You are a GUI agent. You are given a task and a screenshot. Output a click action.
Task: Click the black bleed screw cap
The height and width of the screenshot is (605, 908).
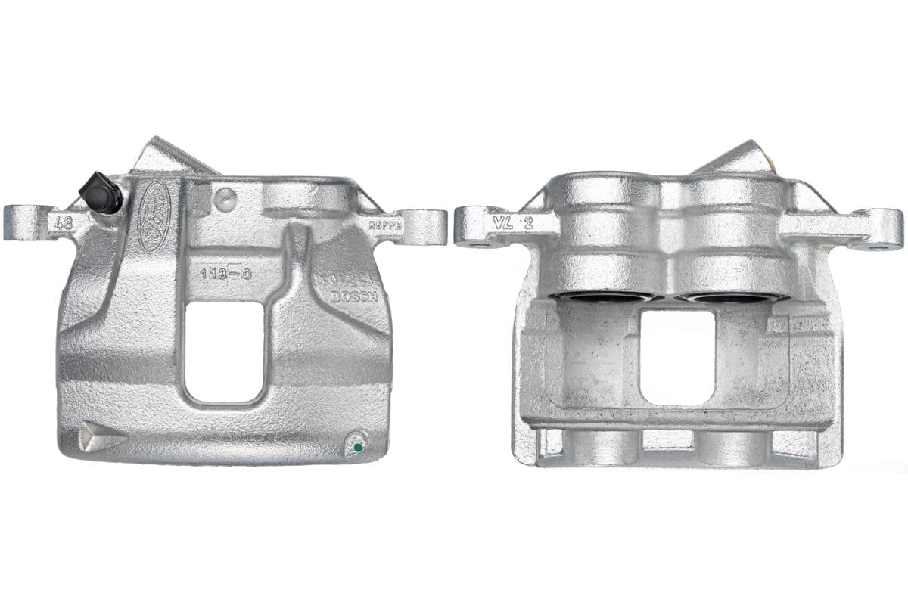pos(101,192)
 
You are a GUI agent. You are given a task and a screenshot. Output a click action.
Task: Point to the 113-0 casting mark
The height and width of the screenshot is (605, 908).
pos(225,274)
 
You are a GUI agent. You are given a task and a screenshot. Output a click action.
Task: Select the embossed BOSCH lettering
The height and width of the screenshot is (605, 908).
pos(353,297)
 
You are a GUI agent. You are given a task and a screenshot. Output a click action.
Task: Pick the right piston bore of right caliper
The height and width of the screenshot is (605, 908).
pos(730,296)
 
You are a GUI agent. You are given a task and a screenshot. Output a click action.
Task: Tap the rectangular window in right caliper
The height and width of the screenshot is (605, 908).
pos(676,355)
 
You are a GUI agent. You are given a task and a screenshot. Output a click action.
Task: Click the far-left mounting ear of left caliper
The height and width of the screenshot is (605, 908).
pos(23,224)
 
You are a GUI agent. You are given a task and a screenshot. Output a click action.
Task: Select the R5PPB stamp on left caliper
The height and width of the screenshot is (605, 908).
pos(385,225)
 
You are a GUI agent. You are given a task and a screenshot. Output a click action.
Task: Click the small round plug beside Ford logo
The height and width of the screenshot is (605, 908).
pos(225,200)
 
